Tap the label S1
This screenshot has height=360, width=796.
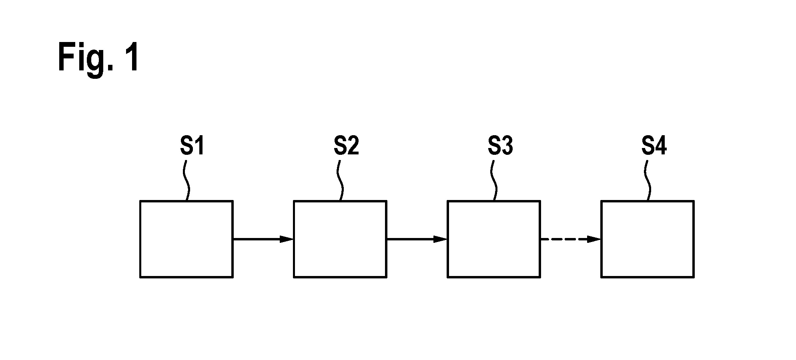192,146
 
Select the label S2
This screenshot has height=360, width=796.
346,146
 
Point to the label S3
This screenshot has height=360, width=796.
500,146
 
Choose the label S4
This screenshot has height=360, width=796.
654,146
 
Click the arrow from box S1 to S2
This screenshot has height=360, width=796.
263,239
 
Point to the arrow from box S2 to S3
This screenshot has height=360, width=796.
417,239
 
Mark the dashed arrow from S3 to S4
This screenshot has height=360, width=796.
571,239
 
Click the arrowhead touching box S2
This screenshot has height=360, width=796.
287,239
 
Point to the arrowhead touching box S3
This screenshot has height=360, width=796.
440,239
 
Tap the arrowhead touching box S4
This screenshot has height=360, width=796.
594,239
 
